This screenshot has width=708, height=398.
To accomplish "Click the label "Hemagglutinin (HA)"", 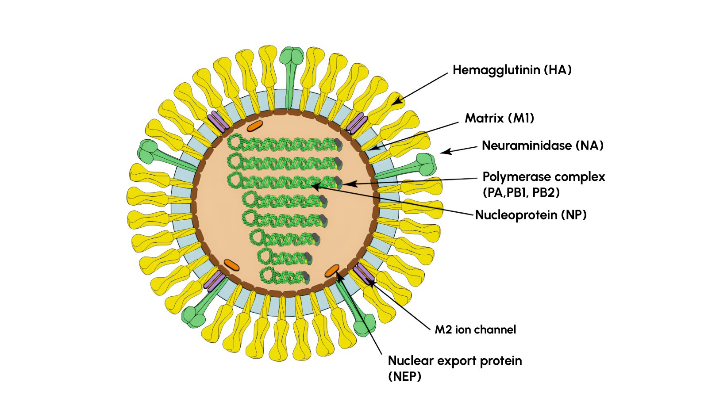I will coord(512,70).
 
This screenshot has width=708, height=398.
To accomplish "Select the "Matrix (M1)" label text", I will coord(499,118).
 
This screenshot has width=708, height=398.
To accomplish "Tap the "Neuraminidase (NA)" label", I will coord(543,145).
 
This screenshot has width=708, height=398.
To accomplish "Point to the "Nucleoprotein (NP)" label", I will coord(531,215).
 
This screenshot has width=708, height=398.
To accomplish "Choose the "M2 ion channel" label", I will coord(475,329).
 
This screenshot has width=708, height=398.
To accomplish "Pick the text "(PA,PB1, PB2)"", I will coord(521,192).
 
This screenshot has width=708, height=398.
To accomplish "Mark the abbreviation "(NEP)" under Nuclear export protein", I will coord(404,377).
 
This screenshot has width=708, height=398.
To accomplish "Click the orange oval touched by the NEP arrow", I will coord(332,271).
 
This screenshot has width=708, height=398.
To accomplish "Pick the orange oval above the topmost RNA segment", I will coord(255,126).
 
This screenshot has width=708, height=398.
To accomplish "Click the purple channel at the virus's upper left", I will coord(218,121).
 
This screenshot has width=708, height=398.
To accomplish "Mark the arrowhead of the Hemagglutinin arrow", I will coord(396,102).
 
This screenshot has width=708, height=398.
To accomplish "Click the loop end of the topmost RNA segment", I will coord(235,142).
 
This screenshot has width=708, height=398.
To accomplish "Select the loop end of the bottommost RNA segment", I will coord(267,276).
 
